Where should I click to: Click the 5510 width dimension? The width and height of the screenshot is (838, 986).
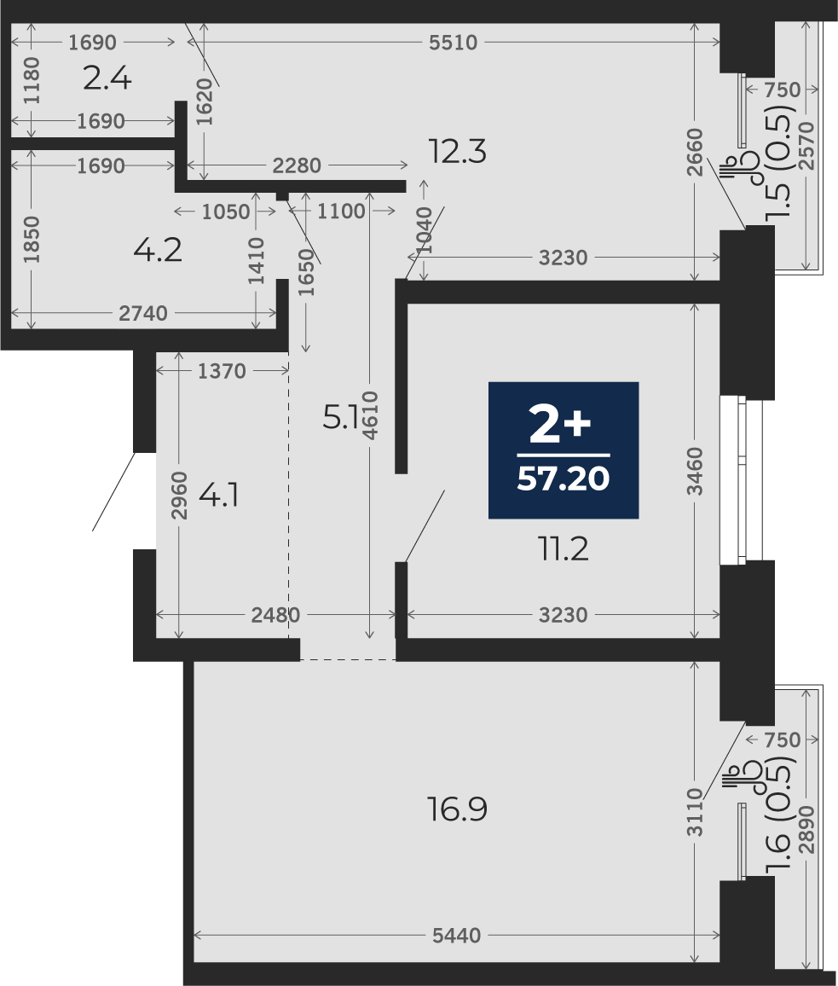point(454,43)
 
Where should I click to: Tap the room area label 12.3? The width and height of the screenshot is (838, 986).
point(457,152)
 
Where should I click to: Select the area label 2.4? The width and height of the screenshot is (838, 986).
point(107,79)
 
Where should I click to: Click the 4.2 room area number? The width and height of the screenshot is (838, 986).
point(158,250)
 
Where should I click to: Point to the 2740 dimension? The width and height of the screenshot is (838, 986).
point(143,313)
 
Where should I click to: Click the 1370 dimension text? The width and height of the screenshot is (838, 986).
point(222,372)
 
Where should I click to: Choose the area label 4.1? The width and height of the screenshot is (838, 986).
point(218,497)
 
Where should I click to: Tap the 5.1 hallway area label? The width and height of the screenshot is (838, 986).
point(339,417)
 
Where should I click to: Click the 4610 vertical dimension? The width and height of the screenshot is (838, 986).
point(370,415)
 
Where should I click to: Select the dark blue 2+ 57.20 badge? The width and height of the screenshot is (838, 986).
point(563,450)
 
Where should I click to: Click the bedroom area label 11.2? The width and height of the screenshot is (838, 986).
point(563,550)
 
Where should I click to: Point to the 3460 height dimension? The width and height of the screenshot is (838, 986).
point(695,471)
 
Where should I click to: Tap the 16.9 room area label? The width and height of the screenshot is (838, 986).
point(457,809)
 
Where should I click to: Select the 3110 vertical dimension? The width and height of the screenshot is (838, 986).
point(695,813)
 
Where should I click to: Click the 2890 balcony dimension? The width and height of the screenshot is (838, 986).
point(808,829)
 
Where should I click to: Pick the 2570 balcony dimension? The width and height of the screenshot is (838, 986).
point(808,145)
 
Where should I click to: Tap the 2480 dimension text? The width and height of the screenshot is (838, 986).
point(275,615)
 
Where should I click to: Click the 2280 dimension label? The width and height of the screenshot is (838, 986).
point(297,166)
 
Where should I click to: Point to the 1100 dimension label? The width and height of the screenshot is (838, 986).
point(341,212)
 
